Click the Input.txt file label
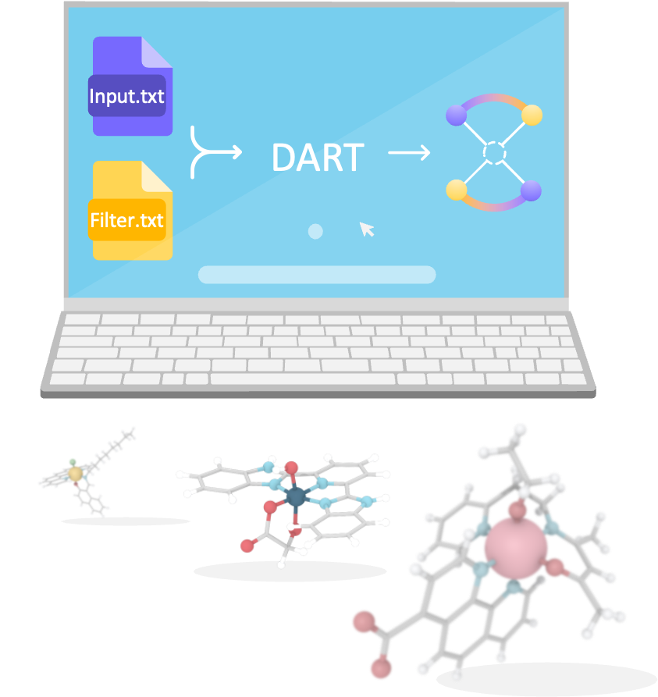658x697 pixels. click(126, 96)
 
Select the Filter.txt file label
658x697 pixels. click(126, 220)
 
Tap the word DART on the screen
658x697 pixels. click(318, 158)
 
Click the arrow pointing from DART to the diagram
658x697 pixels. click(409, 153)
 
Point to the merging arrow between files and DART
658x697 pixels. click(213, 152)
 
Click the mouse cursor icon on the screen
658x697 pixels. click(367, 229)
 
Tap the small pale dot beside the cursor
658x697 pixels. click(315, 232)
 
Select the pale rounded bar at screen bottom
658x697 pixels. click(317, 275)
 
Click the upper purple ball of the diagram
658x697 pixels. click(456, 116)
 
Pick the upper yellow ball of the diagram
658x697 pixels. click(532, 116)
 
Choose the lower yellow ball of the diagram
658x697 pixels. click(457, 190)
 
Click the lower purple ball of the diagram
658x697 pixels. click(531, 190)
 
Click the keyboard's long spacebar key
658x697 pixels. click(303, 379)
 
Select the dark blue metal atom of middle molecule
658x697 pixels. click(296, 496)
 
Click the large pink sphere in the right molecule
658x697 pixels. click(516, 548)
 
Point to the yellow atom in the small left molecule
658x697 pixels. click(76, 474)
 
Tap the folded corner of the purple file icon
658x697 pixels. click(156, 52)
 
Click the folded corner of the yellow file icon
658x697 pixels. click(156, 176)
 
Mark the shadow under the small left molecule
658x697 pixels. click(126, 521)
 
